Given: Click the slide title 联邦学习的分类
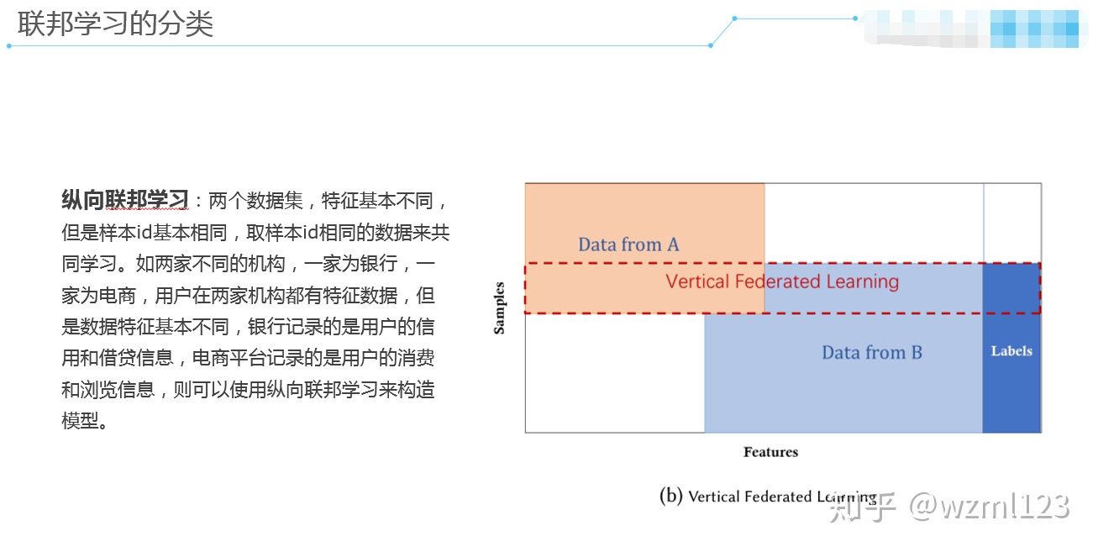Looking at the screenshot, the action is (115, 24).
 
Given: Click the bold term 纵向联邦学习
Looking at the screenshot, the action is (124, 201).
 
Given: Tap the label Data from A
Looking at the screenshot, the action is (628, 244).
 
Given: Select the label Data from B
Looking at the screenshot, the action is (871, 353).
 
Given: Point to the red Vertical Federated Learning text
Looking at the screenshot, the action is (782, 281).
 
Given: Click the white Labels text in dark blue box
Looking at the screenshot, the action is (1011, 351).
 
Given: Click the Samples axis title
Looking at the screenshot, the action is (500, 308).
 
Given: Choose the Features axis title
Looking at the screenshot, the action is (770, 452).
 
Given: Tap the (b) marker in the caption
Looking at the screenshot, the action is (671, 496).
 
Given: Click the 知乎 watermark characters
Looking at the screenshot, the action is (863, 507).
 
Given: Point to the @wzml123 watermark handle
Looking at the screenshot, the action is (991, 507).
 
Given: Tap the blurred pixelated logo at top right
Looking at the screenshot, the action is (975, 28).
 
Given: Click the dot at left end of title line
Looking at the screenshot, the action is (9, 45).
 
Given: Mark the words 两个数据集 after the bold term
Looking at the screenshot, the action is (250, 201).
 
